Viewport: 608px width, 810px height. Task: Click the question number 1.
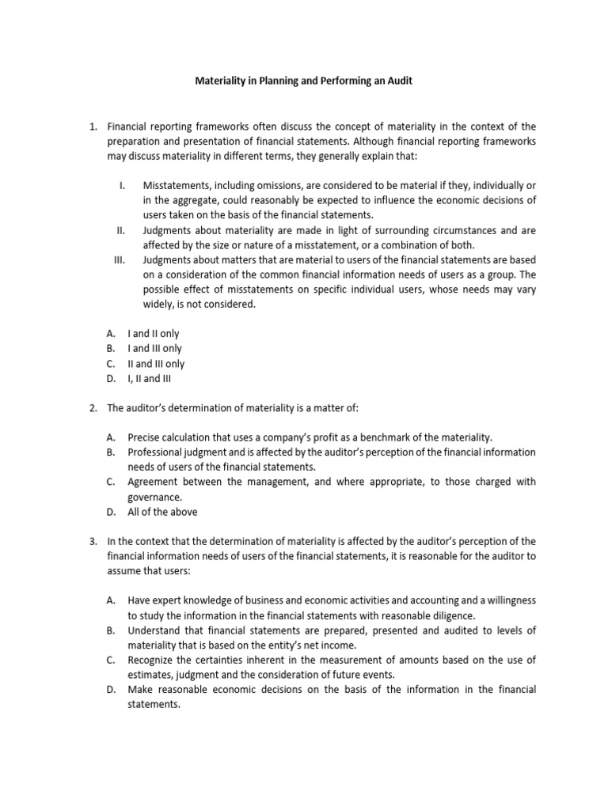click(92, 127)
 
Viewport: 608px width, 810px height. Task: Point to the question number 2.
click(92, 407)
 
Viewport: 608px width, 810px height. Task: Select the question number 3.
click(92, 541)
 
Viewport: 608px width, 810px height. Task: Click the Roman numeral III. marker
click(120, 259)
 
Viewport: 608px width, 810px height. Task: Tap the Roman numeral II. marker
click(121, 230)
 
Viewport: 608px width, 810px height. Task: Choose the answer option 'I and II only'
click(153, 334)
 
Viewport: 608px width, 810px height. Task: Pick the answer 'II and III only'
click(156, 364)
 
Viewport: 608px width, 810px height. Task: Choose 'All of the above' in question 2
click(162, 512)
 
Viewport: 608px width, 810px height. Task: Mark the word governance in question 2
click(154, 497)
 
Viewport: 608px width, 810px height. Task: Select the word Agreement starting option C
click(154, 482)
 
